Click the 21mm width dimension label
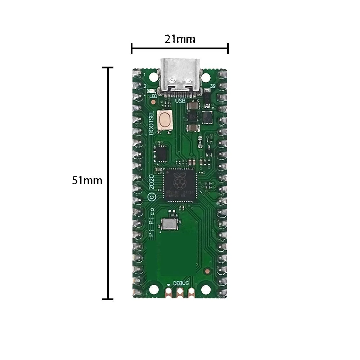(x=180, y=39)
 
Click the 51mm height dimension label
(x=87, y=180)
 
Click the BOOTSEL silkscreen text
(x=152, y=122)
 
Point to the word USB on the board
(x=180, y=102)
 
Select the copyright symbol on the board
(x=152, y=197)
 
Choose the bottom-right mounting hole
(x=206, y=289)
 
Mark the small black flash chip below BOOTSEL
(x=161, y=154)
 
